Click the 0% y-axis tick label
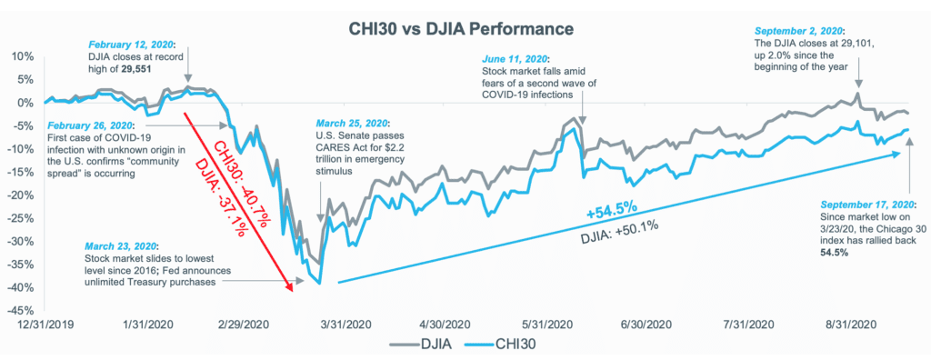(x=22, y=102)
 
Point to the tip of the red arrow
(x=292, y=288)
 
